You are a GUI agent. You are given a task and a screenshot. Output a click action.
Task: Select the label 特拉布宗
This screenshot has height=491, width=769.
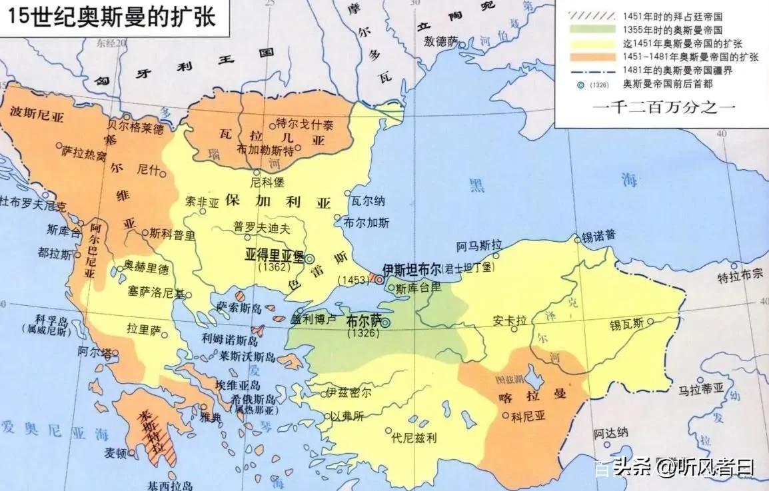(739, 278)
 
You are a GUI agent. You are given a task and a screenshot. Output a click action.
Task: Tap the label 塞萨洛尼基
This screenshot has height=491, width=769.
(157, 292)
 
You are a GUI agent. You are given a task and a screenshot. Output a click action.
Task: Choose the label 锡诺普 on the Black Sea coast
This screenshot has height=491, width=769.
(598, 236)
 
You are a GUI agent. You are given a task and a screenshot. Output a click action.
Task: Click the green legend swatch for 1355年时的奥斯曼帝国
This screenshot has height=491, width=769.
(590, 29)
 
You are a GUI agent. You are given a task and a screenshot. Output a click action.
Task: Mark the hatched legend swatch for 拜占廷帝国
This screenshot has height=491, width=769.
(590, 15)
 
